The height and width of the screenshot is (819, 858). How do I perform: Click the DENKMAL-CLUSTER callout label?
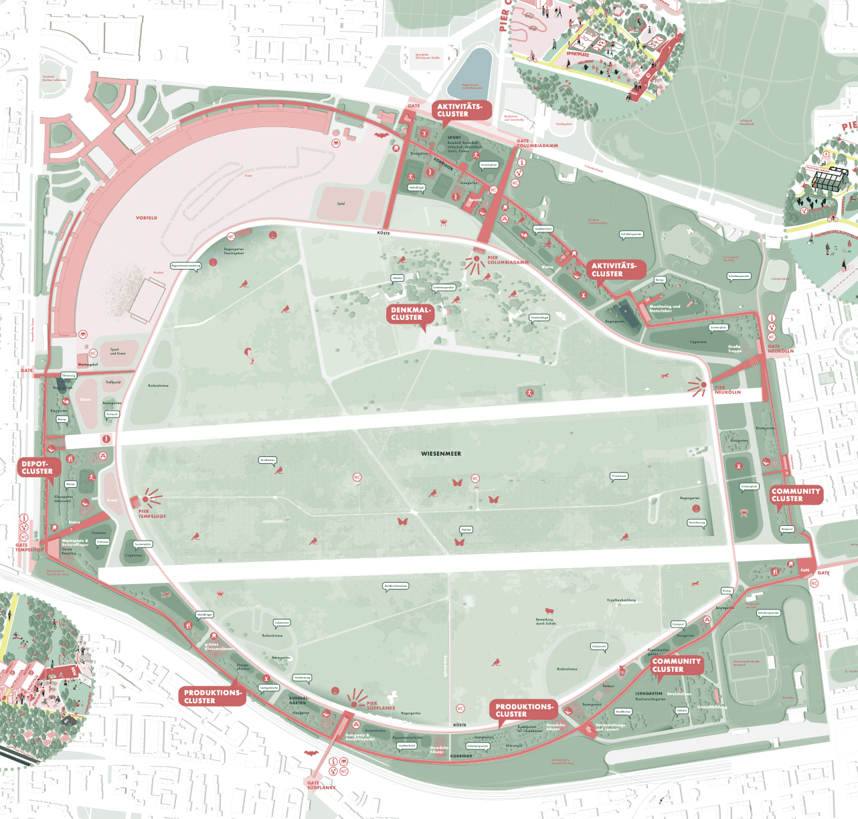click(x=410, y=314)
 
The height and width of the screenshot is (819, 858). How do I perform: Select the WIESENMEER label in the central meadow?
click(x=441, y=454)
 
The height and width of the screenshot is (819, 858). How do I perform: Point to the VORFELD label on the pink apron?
click(x=147, y=218)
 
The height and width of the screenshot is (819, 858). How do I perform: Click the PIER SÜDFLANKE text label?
click(x=380, y=705)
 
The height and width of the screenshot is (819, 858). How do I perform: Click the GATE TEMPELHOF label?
click(x=29, y=547)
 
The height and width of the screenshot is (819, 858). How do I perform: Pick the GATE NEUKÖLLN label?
click(x=780, y=349)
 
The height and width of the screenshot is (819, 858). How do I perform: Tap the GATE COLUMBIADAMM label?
click(x=537, y=143)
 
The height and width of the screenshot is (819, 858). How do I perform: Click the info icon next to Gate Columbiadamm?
click(x=521, y=162)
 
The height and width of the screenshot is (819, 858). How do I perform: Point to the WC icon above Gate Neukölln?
click(x=772, y=337)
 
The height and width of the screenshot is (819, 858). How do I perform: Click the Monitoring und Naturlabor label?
click(x=665, y=308)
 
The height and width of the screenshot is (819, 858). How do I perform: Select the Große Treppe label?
click(x=734, y=349)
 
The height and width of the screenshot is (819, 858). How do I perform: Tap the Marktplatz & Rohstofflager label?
click(x=75, y=543)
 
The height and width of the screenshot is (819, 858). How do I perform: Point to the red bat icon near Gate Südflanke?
click(x=311, y=753)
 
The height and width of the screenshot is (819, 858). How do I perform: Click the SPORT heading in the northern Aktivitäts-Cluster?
click(x=454, y=137)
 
